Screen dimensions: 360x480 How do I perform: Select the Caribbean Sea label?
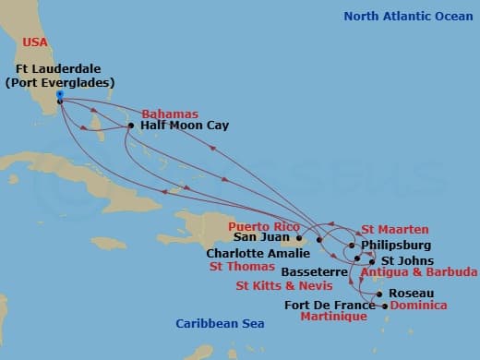[x=221, y=323]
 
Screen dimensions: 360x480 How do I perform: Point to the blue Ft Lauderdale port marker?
[x=59, y=94]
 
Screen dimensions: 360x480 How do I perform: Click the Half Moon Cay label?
[x=185, y=126]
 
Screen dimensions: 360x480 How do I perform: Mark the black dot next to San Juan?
[x=297, y=237]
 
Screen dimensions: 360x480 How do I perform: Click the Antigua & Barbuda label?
[x=418, y=273]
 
